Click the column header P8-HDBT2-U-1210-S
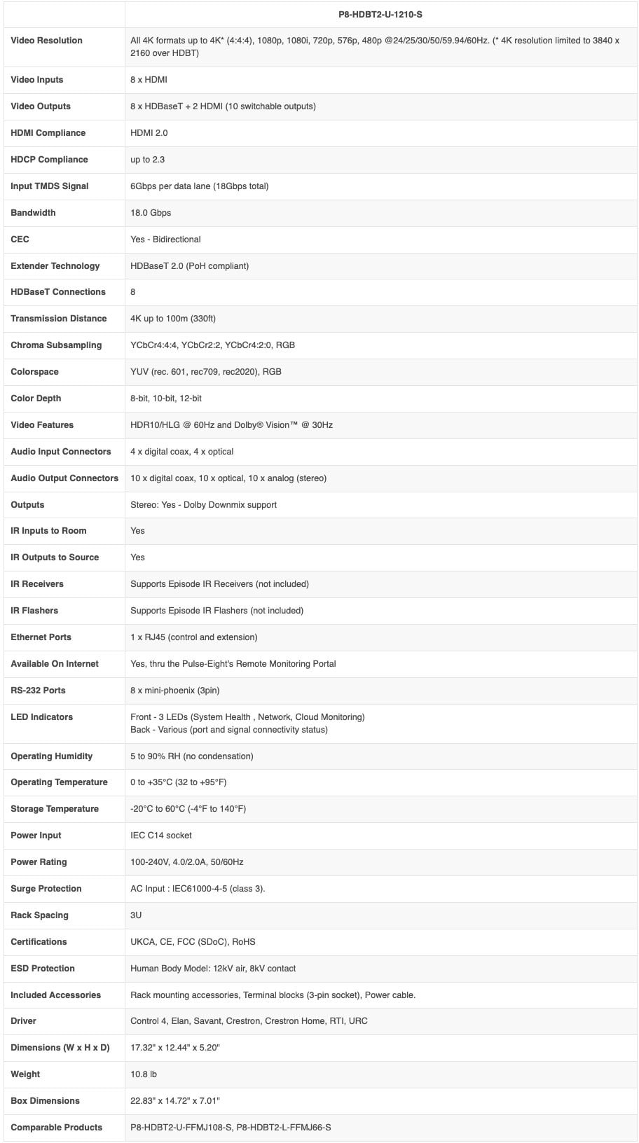[x=380, y=14]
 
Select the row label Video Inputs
[x=37, y=80]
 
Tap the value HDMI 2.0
[x=149, y=133]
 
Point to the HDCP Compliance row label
[x=49, y=160]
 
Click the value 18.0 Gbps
[x=151, y=213]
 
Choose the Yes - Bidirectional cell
[x=165, y=240]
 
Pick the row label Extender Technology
[x=55, y=266]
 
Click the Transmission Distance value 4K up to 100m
[x=173, y=319]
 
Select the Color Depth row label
[x=36, y=399]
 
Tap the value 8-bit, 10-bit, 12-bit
[x=166, y=399]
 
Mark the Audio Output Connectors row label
[x=64, y=478]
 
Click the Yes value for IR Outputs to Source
[x=137, y=557]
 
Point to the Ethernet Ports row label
[x=41, y=637]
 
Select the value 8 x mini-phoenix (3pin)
[x=175, y=691]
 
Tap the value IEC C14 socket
[x=161, y=836]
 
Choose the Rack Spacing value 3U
[x=136, y=915]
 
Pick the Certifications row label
[x=39, y=942]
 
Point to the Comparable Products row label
[x=56, y=1128]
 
